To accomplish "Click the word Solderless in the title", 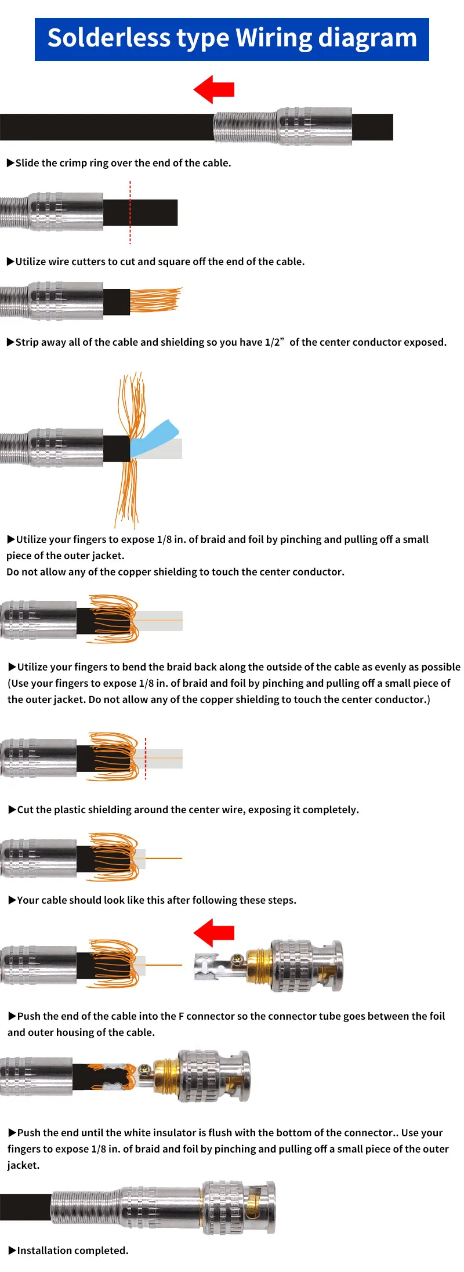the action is (109, 38).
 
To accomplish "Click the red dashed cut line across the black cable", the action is (130, 212).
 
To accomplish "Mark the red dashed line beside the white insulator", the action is (146, 758).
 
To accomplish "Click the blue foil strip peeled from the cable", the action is (154, 439).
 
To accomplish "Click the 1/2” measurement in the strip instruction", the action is (274, 342).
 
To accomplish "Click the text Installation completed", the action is (72, 1251).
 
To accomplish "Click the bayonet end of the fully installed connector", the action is (261, 1207).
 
